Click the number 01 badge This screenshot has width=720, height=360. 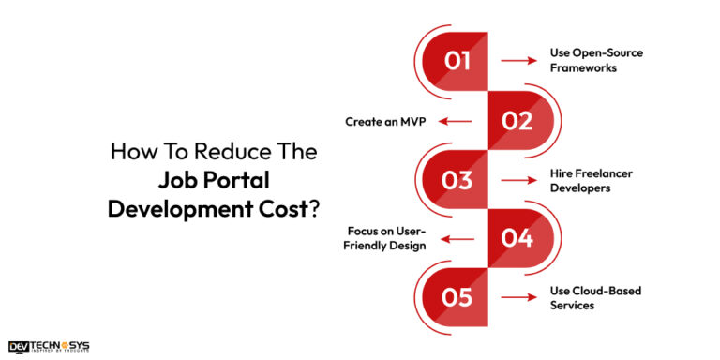coord(457,61)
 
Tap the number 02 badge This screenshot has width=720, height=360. coord(517,120)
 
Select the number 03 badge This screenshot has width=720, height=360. coord(457,180)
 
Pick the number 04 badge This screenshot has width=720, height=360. coord(517,238)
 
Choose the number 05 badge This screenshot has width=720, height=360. coord(457,298)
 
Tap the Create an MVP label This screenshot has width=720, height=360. coord(384,120)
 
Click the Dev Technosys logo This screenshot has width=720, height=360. coord(49,346)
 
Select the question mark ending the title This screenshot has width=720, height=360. coord(312,209)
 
